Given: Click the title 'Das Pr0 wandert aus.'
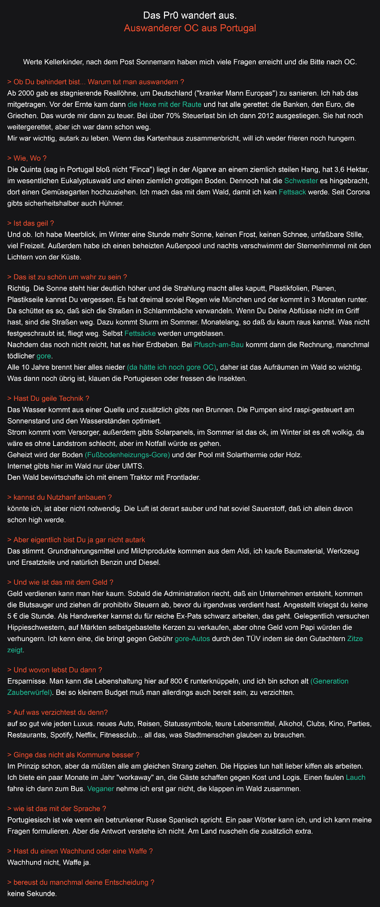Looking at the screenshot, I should coord(190,15).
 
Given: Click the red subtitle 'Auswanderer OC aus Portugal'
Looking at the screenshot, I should coord(190,28).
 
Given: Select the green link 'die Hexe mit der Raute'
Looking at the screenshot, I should coord(164,104).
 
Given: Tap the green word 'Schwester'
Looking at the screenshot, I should coord(301,181).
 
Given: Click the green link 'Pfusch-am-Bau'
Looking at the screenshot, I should coord(219,345).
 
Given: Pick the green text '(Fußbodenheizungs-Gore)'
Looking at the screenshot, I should coord(127,455).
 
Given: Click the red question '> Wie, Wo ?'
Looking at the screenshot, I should coord(27,158).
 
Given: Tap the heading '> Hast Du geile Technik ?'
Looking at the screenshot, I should coord(48,399).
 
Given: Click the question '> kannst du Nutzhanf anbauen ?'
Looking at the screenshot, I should coord(60,497).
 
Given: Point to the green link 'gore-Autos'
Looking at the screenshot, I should coord(192,639).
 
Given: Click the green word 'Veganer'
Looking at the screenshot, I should coord(100,789).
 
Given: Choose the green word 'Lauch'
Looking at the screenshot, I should coord(355,778).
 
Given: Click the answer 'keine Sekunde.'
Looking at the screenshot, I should coord(32,894).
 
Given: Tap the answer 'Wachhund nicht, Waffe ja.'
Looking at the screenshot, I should coord(49,863).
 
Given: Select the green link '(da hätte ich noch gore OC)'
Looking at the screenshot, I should coord(172,367).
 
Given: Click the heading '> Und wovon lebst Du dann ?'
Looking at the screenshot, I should coord(55,670).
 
